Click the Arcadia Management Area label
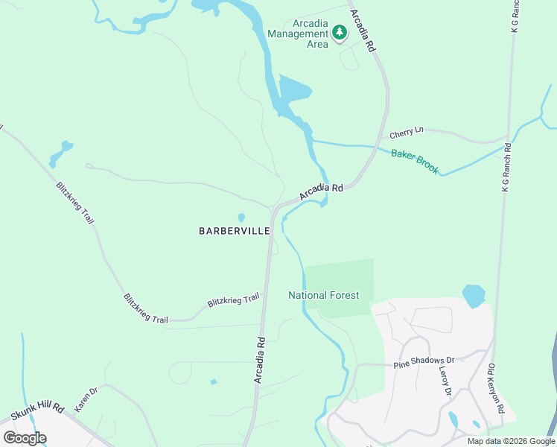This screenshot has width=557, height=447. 298,34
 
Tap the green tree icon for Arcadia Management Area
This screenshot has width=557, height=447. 340,32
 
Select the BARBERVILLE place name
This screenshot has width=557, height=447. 234,231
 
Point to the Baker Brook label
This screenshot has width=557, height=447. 415,162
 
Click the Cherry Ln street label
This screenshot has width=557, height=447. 406,133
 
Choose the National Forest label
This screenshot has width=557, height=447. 324,295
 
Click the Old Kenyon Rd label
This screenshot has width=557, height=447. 496,388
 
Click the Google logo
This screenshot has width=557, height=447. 25,437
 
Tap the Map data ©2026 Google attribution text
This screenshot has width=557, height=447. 510,441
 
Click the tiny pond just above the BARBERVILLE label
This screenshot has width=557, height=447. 241,218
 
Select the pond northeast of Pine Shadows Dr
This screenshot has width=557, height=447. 473,295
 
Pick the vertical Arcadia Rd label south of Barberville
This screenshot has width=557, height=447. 260,359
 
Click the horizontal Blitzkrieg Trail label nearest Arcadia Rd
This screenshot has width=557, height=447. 233,300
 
